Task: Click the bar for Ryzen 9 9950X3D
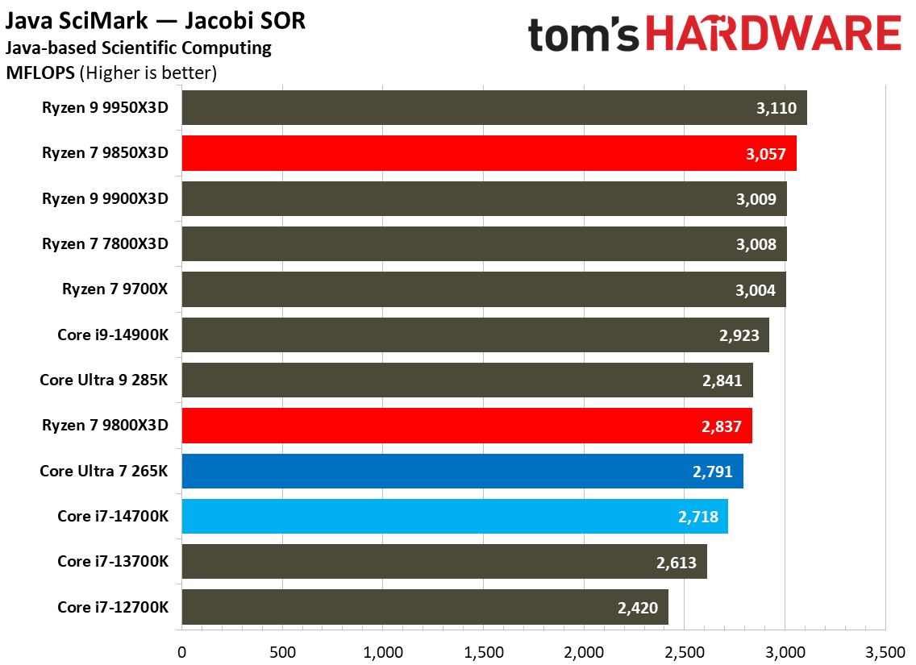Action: (x=493, y=108)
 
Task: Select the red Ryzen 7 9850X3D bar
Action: (x=489, y=153)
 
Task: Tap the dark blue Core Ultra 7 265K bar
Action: (x=462, y=472)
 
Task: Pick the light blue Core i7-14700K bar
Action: (x=455, y=517)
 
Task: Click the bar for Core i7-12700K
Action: (x=425, y=607)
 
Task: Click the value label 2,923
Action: (x=739, y=335)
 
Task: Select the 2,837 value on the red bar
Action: (x=722, y=426)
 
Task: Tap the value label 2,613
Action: (x=677, y=562)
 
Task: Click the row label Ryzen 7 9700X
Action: (x=115, y=289)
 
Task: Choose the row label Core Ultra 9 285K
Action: (x=104, y=380)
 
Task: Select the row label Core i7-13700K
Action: (x=113, y=562)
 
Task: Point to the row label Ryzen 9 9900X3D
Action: (x=106, y=199)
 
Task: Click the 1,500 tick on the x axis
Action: (x=483, y=650)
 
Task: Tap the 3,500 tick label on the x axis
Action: (x=885, y=650)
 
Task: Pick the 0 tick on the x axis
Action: (x=181, y=650)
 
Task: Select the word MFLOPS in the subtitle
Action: (x=40, y=73)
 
